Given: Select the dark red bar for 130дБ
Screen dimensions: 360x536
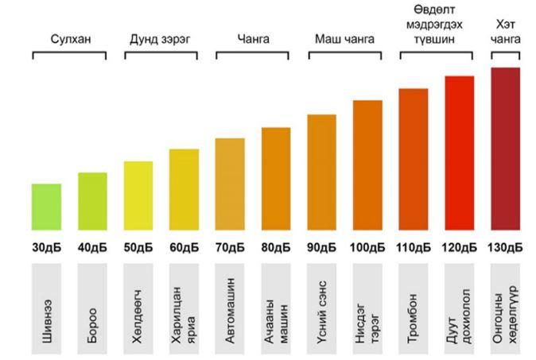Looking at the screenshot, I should pyautogui.click(x=505, y=149).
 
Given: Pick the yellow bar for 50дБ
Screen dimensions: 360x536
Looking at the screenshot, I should pyautogui.click(x=138, y=195).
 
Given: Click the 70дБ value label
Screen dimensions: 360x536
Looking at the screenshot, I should pyautogui.click(x=230, y=247).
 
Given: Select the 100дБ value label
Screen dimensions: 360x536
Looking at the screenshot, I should pyautogui.click(x=367, y=247).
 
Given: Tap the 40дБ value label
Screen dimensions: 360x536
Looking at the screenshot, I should pyautogui.click(x=92, y=247).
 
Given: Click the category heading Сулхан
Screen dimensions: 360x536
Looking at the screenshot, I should pyautogui.click(x=69, y=37).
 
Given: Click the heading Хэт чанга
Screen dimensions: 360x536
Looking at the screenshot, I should pyautogui.click(x=506, y=31).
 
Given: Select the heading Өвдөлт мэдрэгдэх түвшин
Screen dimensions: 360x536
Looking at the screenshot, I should pyautogui.click(x=436, y=24).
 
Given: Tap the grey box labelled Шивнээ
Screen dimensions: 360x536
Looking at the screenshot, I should pyautogui.click(x=46, y=309).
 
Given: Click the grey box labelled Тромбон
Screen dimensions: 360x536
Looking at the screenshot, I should pyautogui.click(x=413, y=309).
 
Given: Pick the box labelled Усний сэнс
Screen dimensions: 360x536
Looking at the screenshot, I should pyautogui.click(x=321, y=309).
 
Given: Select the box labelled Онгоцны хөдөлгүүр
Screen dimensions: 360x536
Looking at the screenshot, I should pyautogui.click(x=505, y=309).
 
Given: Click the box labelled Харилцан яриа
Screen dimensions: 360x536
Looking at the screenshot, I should pyautogui.click(x=184, y=309).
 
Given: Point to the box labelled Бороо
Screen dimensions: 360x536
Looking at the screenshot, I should pyautogui.click(x=92, y=309).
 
